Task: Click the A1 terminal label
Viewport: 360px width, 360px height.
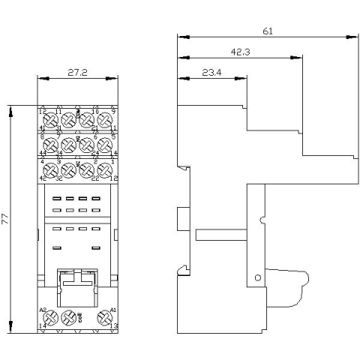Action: tap(113, 310)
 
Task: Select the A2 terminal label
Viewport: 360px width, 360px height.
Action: tap(43, 310)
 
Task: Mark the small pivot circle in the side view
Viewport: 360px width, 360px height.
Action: tap(258, 277)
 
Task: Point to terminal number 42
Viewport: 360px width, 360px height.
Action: tap(43, 178)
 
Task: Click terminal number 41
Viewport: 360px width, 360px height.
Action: tap(43, 129)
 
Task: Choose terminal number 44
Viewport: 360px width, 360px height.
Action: tap(43, 153)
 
